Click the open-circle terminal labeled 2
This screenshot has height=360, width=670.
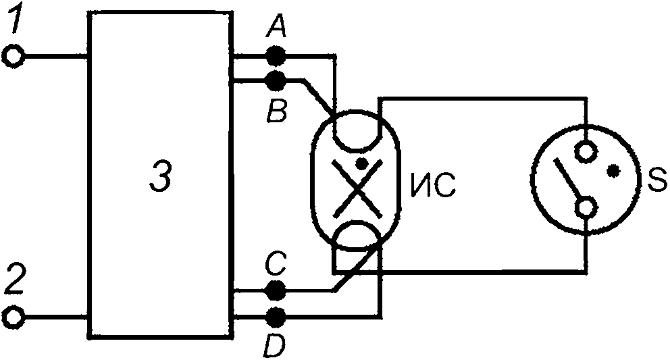pos(14,317)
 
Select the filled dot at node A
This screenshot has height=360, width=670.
pos(276,55)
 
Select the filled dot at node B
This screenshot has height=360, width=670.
pos(276,80)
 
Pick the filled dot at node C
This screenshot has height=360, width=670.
pos(276,290)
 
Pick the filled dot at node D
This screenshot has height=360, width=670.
pos(276,317)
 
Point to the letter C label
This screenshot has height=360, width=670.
pos(276,265)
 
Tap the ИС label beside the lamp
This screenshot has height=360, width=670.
pos(434,185)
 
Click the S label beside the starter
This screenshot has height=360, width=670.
pos(656,180)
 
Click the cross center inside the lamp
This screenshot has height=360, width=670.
pos(357,187)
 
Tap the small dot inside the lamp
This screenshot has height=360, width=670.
pos(362,163)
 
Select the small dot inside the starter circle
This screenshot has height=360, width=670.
pos(613,171)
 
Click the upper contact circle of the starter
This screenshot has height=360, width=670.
pos(586,151)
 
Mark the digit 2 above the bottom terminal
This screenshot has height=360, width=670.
pos(16,280)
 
